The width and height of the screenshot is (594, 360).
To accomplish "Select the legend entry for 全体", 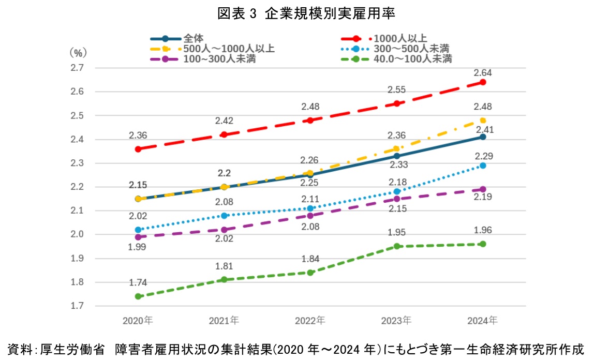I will pyautogui.click(x=193, y=38).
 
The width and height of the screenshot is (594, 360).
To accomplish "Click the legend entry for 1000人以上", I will pyautogui.click(x=400, y=38).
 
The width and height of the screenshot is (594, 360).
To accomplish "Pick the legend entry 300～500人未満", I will pyautogui.click(x=411, y=49).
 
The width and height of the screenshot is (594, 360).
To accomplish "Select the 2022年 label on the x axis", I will pyautogui.click(x=310, y=321).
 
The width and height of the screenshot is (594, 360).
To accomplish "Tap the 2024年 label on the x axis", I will pyautogui.click(x=482, y=321).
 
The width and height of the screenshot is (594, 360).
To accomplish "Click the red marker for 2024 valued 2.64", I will pyautogui.click(x=483, y=82).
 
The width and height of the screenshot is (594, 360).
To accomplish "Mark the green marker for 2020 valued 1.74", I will pyautogui.click(x=138, y=296).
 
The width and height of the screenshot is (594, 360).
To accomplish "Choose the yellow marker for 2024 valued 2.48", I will pyautogui.click(x=483, y=121).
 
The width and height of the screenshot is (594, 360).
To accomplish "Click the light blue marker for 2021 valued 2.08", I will pyautogui.click(x=224, y=216).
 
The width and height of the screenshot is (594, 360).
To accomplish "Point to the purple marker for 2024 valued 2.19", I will pyautogui.click(x=483, y=189).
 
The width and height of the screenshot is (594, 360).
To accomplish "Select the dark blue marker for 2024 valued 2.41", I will pyautogui.click(x=483, y=137).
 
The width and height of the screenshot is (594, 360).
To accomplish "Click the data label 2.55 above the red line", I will pyautogui.click(x=397, y=90).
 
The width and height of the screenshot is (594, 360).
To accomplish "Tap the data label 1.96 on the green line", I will pyautogui.click(x=483, y=231).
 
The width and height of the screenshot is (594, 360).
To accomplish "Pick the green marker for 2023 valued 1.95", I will pyautogui.click(x=397, y=246).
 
